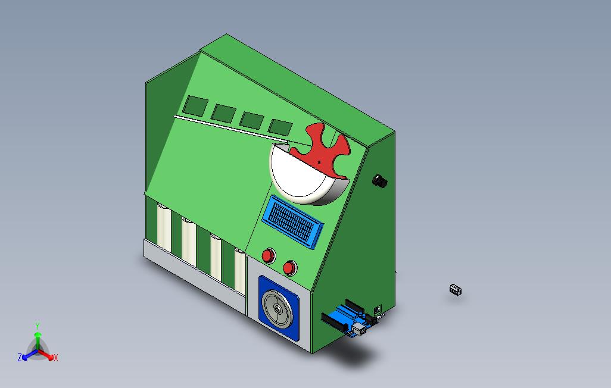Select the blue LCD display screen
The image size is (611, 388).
(x=292, y=221)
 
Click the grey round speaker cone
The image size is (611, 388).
(x=278, y=308)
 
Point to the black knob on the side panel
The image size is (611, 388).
(x=380, y=181)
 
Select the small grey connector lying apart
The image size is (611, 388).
(x=455, y=289)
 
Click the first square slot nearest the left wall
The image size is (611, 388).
(x=195, y=106)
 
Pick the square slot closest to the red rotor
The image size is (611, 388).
(x=280, y=127)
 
